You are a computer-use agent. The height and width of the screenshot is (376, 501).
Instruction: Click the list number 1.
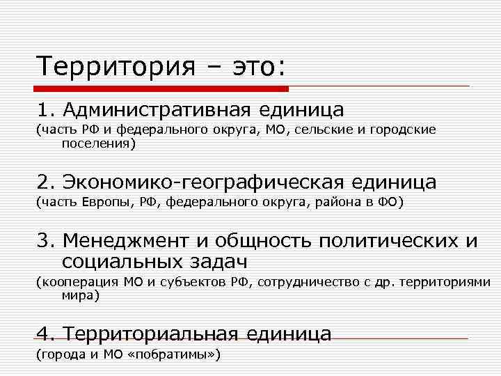point(45,110)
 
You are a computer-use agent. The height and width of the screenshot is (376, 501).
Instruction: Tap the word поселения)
point(98,144)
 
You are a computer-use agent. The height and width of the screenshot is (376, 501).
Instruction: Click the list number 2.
point(45,183)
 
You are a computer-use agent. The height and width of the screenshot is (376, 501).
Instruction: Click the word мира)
point(80,295)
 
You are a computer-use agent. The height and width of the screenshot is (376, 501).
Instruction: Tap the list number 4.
point(45,334)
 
